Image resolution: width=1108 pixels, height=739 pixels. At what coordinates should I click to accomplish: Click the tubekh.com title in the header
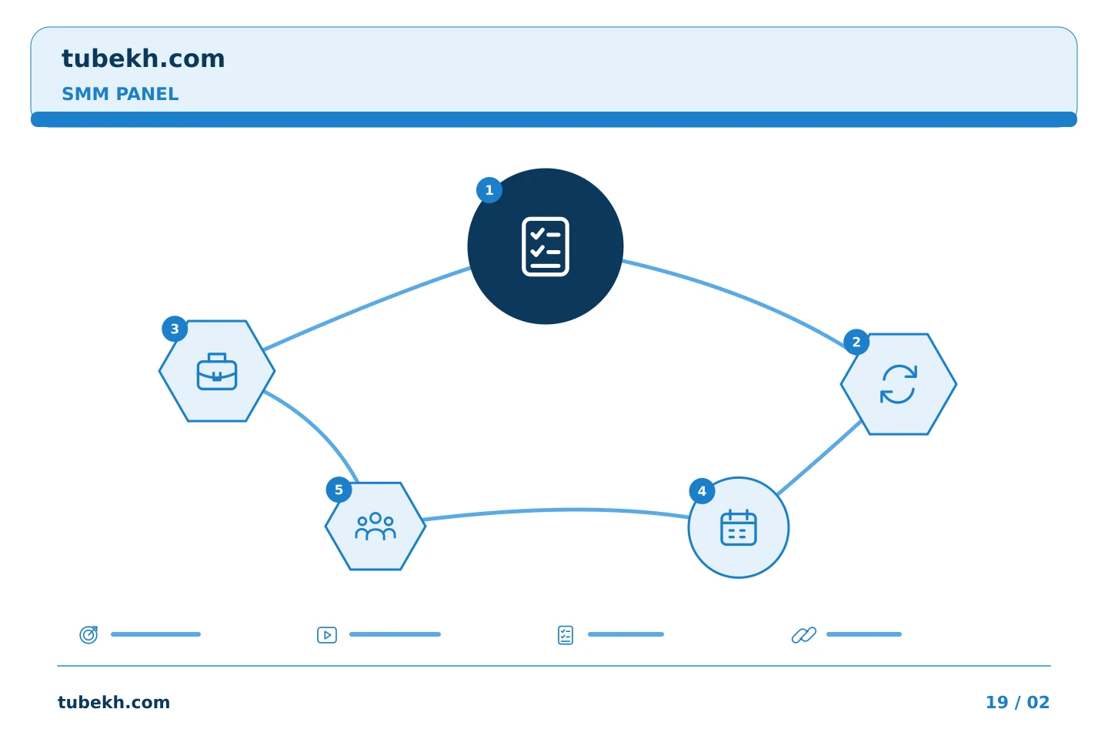143,59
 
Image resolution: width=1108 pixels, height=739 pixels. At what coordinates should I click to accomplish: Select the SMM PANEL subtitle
120,94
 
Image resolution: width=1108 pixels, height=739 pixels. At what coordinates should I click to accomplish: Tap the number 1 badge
489,190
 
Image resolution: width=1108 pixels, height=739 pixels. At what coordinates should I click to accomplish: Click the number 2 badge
856,342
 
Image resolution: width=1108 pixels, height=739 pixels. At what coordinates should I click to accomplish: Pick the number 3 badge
175,329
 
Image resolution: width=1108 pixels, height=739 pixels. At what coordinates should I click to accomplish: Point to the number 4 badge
702,491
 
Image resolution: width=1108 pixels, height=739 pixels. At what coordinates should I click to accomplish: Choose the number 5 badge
339,490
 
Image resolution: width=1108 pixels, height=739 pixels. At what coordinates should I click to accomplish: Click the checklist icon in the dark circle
545,246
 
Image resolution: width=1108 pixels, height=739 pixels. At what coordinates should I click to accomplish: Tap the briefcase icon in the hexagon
217,371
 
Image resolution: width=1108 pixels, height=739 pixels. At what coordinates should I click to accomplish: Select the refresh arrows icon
898,384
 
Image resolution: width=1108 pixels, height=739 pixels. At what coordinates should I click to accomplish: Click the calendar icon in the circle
739,527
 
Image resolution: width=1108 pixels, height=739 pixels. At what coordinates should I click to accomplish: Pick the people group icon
375,526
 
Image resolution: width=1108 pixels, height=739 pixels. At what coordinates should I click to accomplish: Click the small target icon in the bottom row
89,634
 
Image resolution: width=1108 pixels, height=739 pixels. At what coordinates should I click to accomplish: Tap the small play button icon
327,635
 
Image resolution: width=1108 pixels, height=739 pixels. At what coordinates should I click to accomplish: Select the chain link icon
804,635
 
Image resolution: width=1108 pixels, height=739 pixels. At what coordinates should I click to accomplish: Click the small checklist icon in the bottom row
566,635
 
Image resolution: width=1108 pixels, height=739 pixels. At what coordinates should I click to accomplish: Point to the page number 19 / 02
1017,702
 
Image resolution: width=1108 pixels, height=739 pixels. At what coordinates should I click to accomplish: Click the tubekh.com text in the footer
114,702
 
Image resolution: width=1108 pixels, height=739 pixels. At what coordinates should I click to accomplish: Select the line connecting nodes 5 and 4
556,510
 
